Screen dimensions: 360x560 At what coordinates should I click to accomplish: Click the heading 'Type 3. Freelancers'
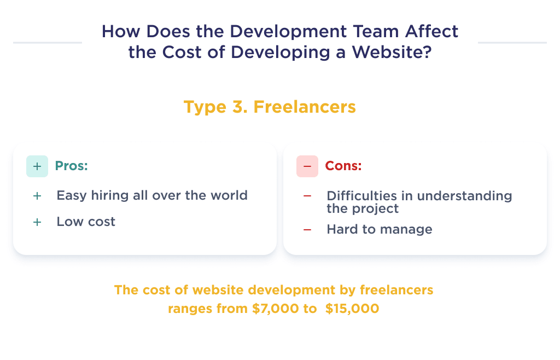click(270, 106)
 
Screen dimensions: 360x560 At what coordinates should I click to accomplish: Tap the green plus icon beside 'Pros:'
click(37, 166)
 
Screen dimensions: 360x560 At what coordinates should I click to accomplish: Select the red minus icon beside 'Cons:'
click(307, 166)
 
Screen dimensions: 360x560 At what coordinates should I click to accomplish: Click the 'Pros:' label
click(72, 166)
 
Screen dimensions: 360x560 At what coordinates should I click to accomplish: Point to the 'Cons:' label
click(343, 166)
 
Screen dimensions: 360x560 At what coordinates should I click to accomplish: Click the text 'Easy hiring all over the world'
click(152, 195)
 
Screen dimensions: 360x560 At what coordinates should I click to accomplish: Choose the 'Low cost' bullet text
click(86, 222)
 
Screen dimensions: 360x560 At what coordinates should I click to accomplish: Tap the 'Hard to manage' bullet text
click(380, 229)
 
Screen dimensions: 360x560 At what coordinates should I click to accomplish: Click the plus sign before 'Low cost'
click(37, 222)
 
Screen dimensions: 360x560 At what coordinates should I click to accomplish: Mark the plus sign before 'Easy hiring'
click(37, 196)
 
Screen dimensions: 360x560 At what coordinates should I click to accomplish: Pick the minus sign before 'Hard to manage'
click(307, 230)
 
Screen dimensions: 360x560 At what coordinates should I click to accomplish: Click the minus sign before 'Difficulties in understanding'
click(307, 196)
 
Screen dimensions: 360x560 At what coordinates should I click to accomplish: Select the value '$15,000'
click(352, 309)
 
